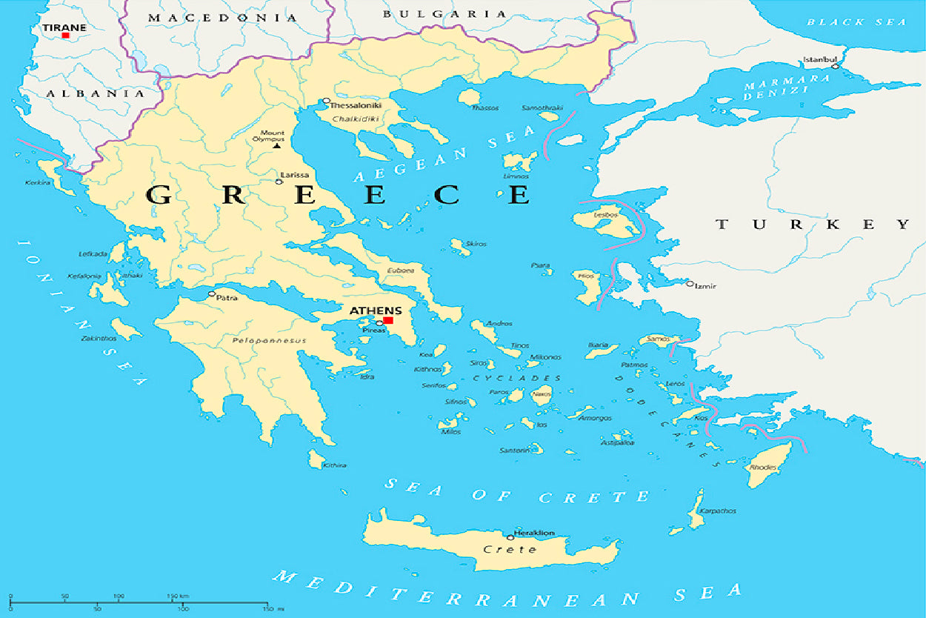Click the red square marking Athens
click(x=388, y=320)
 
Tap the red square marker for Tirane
click(x=65, y=35)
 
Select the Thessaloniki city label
click(x=356, y=106)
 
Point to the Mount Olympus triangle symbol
click(x=276, y=145)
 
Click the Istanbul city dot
click(x=835, y=67)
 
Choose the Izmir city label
click(x=707, y=285)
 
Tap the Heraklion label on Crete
click(x=535, y=533)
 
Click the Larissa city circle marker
click(x=279, y=182)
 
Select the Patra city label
click(x=227, y=296)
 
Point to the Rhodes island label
click(x=763, y=468)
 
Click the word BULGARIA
click(x=444, y=14)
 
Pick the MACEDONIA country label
click(x=222, y=17)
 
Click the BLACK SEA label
click(x=856, y=22)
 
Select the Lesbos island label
click(x=605, y=216)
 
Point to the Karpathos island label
click(x=716, y=511)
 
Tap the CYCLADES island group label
click(x=516, y=378)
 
